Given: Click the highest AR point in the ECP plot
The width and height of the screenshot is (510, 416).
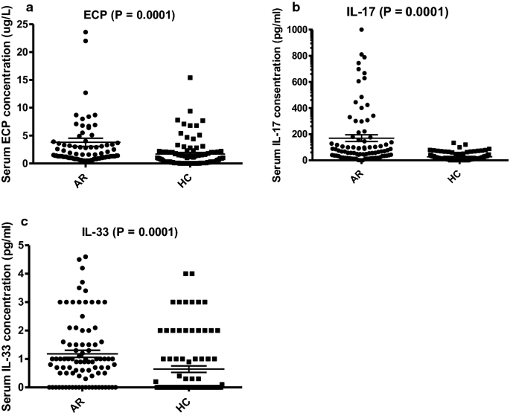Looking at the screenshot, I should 86,32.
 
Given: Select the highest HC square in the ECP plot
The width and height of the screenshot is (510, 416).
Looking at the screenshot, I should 191,77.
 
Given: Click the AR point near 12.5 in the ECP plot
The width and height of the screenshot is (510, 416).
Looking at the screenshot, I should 86,93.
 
